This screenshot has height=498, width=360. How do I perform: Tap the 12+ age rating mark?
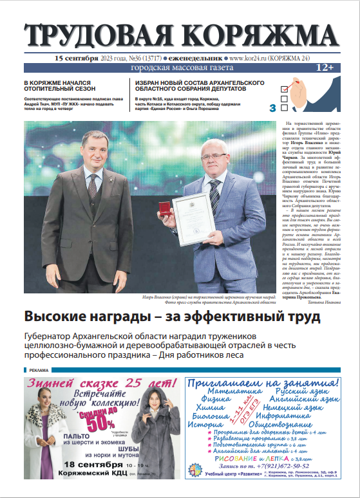[324, 68]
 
